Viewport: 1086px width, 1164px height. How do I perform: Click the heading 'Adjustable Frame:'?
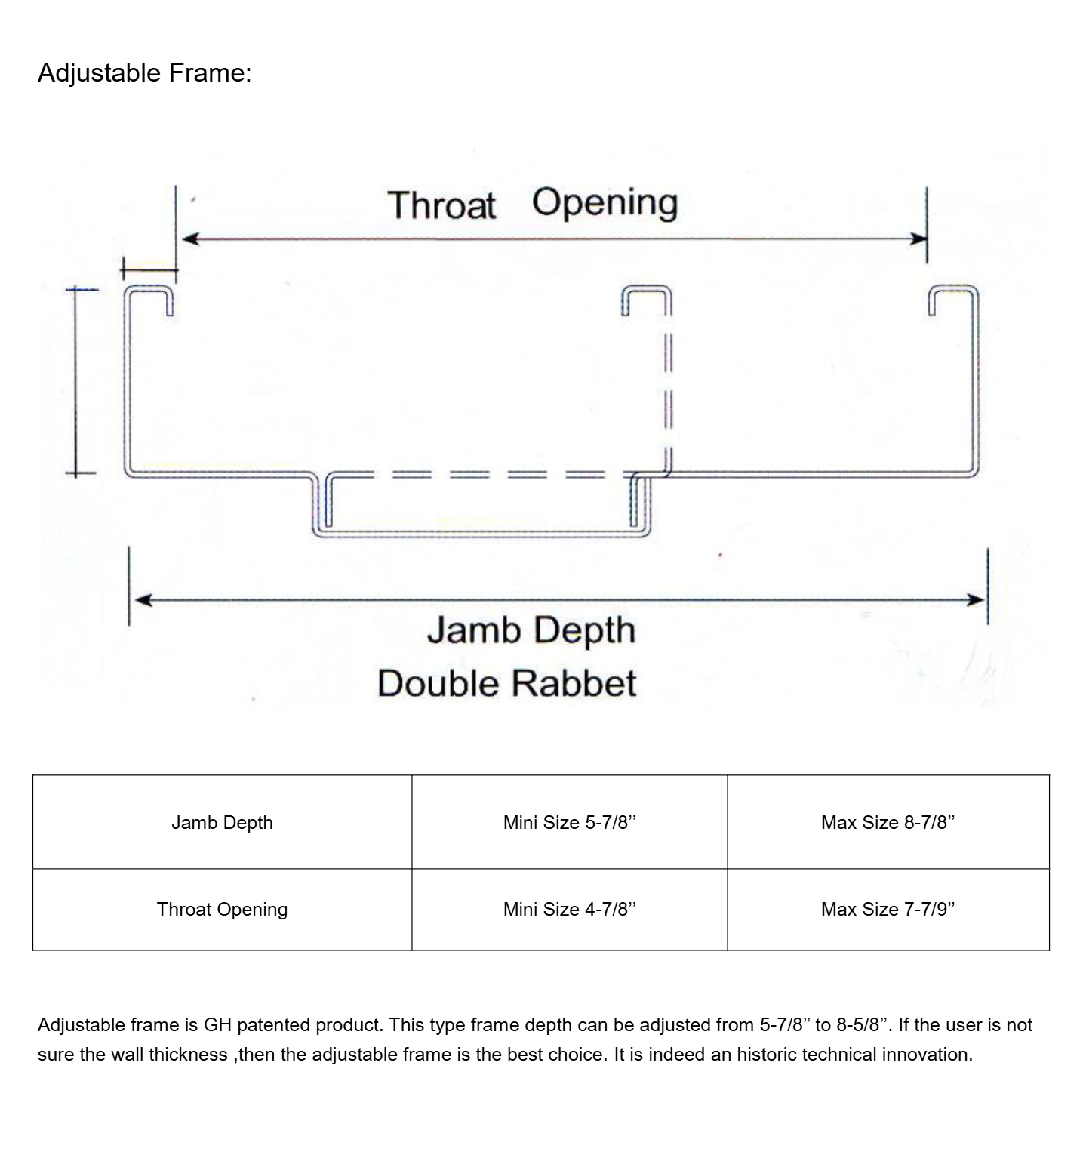(144, 73)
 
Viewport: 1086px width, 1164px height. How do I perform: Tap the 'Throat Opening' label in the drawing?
(532, 204)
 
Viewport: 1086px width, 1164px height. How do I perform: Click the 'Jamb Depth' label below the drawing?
(531, 630)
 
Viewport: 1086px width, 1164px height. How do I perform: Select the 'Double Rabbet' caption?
(506, 684)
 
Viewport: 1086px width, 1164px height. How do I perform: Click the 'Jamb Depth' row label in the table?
(222, 822)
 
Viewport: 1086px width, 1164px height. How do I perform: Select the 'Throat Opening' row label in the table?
(222, 909)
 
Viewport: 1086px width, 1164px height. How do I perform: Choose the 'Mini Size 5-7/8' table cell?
(570, 822)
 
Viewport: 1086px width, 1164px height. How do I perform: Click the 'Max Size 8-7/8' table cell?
(888, 822)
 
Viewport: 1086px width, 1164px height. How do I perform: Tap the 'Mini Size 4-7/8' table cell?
(570, 909)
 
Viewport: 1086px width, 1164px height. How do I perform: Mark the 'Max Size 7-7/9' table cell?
(888, 909)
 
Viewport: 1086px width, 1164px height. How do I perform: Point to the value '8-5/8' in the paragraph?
(862, 1025)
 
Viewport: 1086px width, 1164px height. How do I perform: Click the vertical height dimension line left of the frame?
(75, 381)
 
